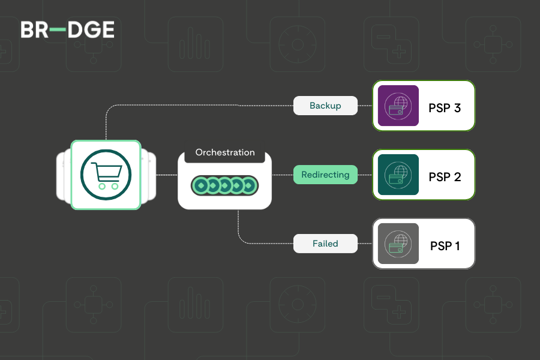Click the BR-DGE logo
coord(67,30)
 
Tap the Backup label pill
coord(325,106)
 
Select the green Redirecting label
coord(325,175)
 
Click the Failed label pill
coord(325,244)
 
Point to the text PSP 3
coord(445,109)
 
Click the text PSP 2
coord(445,178)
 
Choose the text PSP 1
coord(445,246)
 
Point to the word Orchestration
coord(225,152)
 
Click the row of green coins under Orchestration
coord(225,186)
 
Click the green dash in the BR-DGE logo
coord(58,30)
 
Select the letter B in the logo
coord(28,30)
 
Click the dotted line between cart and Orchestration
coord(166,175)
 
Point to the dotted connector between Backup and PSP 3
coord(365,106)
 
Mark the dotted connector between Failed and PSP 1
coord(365,244)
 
